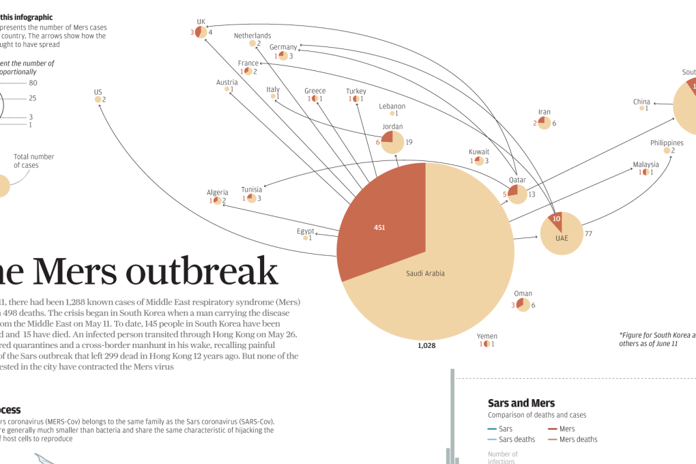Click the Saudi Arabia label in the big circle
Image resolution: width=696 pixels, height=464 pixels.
click(x=425, y=274)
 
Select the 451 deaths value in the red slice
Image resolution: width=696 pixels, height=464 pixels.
click(x=379, y=227)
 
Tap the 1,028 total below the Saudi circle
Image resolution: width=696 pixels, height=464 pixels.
click(x=426, y=346)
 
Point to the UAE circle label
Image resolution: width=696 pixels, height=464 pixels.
click(x=561, y=238)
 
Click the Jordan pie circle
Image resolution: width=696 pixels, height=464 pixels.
click(x=392, y=143)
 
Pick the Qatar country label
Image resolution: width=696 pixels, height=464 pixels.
click(x=517, y=180)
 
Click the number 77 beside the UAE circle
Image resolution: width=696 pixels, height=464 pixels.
click(x=588, y=233)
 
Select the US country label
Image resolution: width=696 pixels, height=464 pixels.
click(x=98, y=92)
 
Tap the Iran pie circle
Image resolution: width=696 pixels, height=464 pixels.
click(x=544, y=123)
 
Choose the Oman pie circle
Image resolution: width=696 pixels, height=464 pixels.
click(x=523, y=304)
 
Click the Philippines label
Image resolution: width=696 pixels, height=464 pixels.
click(x=667, y=143)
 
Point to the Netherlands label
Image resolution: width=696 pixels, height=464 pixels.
click(x=252, y=35)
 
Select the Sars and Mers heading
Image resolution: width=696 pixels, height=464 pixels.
click(x=521, y=403)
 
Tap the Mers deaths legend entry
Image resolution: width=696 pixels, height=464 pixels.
click(x=578, y=439)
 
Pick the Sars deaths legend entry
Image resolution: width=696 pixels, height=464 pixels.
click(x=517, y=439)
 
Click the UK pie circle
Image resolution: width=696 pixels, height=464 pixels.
click(x=201, y=32)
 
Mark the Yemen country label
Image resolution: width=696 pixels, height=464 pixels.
click(x=487, y=336)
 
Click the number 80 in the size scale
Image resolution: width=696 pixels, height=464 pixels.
click(x=33, y=83)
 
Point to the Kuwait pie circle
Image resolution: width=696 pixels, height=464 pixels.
click(x=479, y=161)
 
